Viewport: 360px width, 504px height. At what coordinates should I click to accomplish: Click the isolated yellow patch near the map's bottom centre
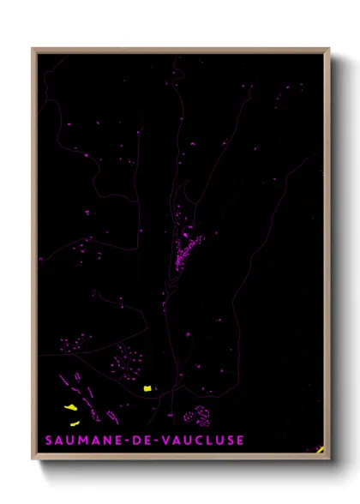pyautogui.click(x=147, y=388)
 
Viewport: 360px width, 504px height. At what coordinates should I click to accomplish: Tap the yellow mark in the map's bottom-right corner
pyautogui.click(x=320, y=448)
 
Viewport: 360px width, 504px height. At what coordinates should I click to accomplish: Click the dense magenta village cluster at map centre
pyautogui.click(x=185, y=249)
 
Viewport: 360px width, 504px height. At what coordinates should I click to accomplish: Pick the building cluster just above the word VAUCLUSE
pyautogui.click(x=198, y=416)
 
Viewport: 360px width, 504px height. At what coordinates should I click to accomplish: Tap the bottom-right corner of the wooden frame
pyautogui.click(x=329, y=460)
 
